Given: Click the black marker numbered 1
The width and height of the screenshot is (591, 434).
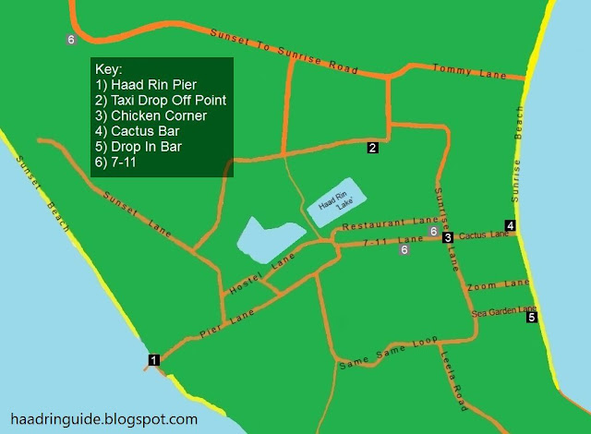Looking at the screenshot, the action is (154, 359).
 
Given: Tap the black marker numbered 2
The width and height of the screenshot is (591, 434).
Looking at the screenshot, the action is (373, 147).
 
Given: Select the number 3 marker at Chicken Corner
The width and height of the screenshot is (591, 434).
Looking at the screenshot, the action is (448, 237).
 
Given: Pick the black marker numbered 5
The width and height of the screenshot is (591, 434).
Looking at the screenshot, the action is (532, 318).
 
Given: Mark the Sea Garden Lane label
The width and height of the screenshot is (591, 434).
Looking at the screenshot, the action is (503, 311).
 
